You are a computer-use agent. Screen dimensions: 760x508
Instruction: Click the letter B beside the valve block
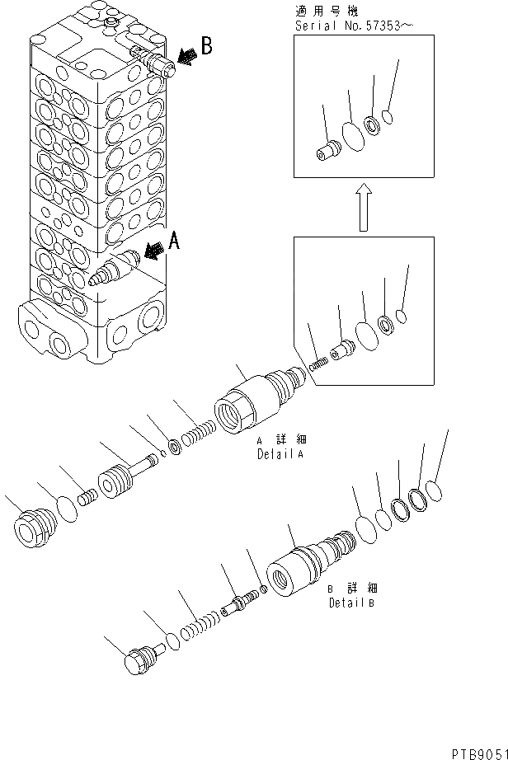point(207,45)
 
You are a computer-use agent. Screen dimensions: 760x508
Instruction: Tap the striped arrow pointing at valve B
point(186,56)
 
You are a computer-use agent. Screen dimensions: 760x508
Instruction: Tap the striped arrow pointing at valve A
point(153,251)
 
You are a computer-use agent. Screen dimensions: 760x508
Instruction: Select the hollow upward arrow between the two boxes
point(364,209)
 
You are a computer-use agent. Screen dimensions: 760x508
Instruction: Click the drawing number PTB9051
point(477,751)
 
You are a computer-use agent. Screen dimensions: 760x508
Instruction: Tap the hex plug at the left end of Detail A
point(35,524)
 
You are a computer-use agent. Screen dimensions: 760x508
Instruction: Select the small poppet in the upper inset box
point(327,152)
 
